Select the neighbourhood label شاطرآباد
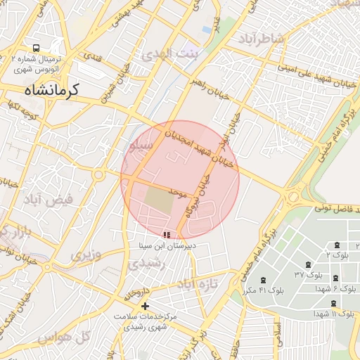(263, 37)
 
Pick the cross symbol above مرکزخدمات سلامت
(146, 306)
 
